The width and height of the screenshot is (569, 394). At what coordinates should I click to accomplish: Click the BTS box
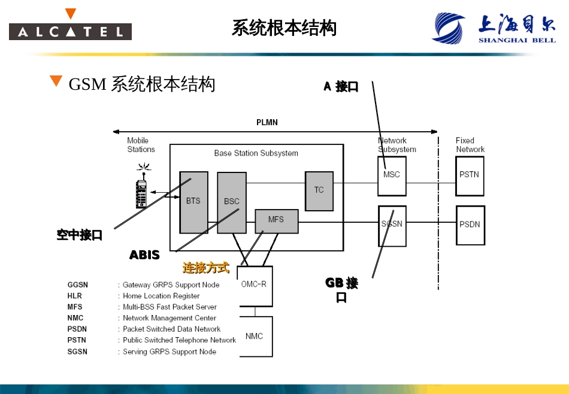[193, 202]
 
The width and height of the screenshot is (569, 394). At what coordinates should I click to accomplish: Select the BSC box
[232, 202]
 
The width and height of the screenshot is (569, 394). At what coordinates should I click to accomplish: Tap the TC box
[319, 190]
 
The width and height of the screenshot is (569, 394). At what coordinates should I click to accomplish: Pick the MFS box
[276, 220]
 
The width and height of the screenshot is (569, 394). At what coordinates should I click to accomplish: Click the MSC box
[392, 175]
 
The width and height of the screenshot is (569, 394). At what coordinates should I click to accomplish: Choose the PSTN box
[470, 175]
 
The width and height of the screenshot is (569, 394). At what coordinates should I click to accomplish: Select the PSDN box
[470, 225]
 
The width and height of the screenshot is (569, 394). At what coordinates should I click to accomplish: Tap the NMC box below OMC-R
[255, 337]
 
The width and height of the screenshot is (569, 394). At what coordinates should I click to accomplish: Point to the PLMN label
[267, 123]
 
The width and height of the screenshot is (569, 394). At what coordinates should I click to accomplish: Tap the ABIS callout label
[145, 256]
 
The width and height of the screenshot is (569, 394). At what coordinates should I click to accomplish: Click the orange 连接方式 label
[206, 268]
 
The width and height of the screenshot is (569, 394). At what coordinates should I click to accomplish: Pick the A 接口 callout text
[341, 87]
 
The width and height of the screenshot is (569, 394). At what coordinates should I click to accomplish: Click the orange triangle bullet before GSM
[56, 81]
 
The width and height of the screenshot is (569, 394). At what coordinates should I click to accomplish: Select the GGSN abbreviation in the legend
[78, 285]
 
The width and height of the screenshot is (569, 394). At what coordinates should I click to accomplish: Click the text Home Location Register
[161, 296]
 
